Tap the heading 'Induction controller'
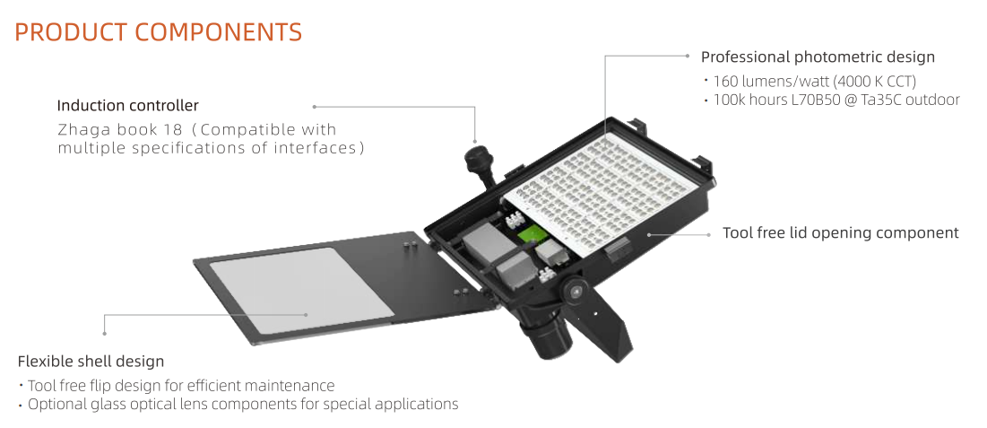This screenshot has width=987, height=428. point(128,105)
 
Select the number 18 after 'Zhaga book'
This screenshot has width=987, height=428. point(176,130)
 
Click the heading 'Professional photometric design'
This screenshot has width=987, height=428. point(818,57)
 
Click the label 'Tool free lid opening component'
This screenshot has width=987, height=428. point(840,233)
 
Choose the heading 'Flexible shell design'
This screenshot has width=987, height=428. point(91,362)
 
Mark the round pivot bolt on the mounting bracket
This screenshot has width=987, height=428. point(575,290)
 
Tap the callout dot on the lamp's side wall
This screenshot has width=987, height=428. point(648,234)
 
